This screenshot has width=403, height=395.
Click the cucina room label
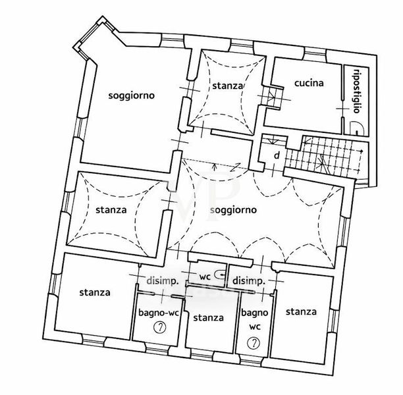309,83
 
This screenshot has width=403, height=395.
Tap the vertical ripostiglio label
356,91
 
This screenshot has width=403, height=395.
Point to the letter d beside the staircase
277,155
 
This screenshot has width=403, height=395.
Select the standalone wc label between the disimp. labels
205,276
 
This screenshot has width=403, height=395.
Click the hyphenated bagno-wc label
158,313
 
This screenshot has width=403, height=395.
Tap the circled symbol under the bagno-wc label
160,327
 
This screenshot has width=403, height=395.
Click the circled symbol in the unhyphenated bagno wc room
254,343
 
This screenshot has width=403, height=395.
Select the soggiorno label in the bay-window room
132,96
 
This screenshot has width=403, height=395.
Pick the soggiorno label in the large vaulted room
233,210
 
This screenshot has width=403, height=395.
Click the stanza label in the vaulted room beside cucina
228,86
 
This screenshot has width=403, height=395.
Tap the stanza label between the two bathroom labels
209,318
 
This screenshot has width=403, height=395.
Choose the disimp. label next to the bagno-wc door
163,281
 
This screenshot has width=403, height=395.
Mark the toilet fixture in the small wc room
220,275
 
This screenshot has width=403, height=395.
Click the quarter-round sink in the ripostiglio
357,128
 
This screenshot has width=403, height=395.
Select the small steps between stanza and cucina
272,97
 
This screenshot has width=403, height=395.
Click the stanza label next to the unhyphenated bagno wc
301,312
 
